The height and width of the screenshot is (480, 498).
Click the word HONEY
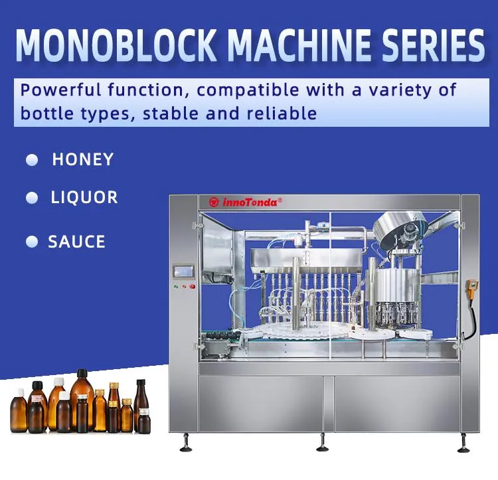83,159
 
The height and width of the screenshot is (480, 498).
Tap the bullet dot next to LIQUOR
31,198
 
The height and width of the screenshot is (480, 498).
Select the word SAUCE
76,242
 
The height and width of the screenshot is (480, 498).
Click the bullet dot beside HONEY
31,160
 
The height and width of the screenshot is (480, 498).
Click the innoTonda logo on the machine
246,201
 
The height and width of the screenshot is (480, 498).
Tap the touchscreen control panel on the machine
184,272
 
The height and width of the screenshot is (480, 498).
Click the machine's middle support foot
323,441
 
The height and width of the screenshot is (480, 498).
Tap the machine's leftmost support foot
185,441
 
